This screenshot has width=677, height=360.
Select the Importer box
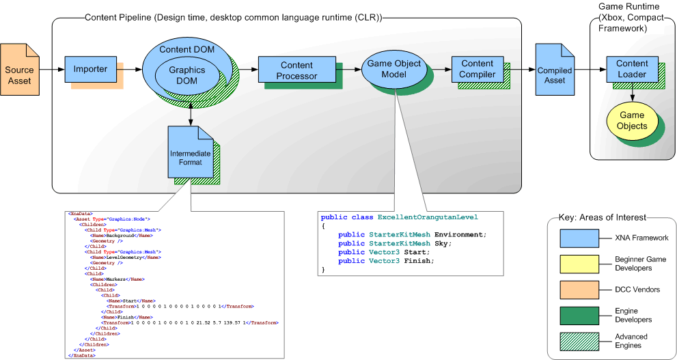(x=90, y=69)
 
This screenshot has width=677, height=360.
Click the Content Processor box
(x=296, y=70)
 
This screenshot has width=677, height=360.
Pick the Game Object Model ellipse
(x=394, y=68)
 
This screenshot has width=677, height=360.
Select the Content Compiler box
(x=477, y=69)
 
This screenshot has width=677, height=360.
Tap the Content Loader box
(x=631, y=69)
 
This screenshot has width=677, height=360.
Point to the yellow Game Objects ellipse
(x=631, y=121)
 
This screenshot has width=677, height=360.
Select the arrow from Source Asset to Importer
(x=52, y=69)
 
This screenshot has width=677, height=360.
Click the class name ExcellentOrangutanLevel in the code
(x=428, y=217)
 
